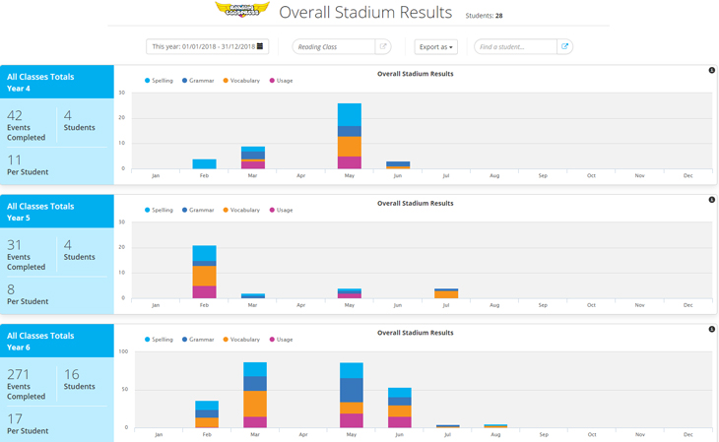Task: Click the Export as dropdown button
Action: point(435,46)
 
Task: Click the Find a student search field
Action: point(515,46)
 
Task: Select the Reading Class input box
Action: point(334,46)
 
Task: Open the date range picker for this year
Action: point(207,46)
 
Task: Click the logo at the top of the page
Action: point(241,11)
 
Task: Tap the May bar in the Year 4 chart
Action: point(350,136)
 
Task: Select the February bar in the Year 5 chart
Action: point(204,272)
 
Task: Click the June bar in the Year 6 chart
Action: point(399,408)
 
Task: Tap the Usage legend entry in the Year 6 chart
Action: point(281,340)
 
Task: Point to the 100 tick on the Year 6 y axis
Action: point(123,351)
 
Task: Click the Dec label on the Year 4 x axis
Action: point(687,175)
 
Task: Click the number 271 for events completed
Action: point(19,374)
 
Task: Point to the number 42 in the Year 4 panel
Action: point(15,115)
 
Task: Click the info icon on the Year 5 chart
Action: point(711,200)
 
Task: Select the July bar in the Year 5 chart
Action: point(446,293)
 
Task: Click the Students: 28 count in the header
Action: point(484,16)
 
